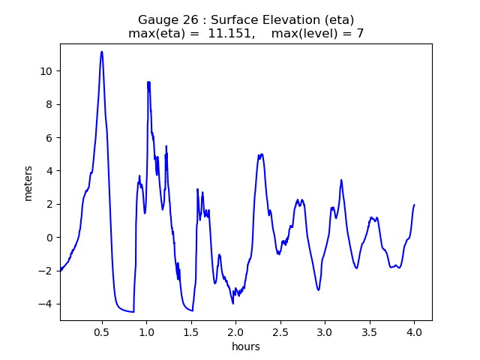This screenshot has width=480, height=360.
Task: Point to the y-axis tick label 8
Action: click(x=50, y=104)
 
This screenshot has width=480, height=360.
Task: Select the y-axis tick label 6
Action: click(x=50, y=138)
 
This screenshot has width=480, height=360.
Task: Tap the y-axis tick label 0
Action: click(x=50, y=238)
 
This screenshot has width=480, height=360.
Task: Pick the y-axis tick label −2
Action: click(x=46, y=271)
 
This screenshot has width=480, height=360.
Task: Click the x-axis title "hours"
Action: click(x=246, y=346)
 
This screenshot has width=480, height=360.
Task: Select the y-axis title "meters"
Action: click(x=28, y=182)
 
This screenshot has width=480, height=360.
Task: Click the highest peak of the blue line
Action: click(x=102, y=52)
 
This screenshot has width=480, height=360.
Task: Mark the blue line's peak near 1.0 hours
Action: click(x=148, y=82)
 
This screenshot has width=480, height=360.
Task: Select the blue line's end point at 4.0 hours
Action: click(x=414, y=205)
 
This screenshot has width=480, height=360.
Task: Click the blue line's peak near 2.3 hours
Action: click(x=261, y=154)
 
